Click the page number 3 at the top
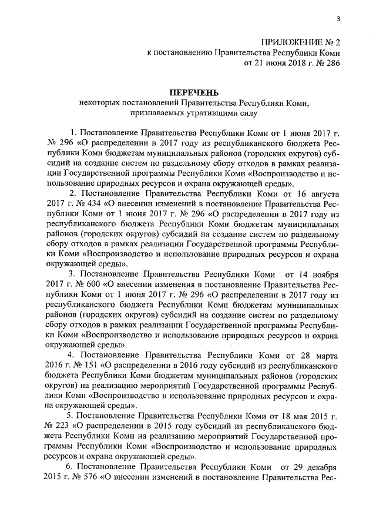[x=347, y=20]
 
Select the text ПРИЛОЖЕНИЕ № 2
[x=301, y=43]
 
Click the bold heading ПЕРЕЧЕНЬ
[x=194, y=93]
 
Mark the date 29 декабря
[x=317, y=467]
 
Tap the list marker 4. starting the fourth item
[x=71, y=355]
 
